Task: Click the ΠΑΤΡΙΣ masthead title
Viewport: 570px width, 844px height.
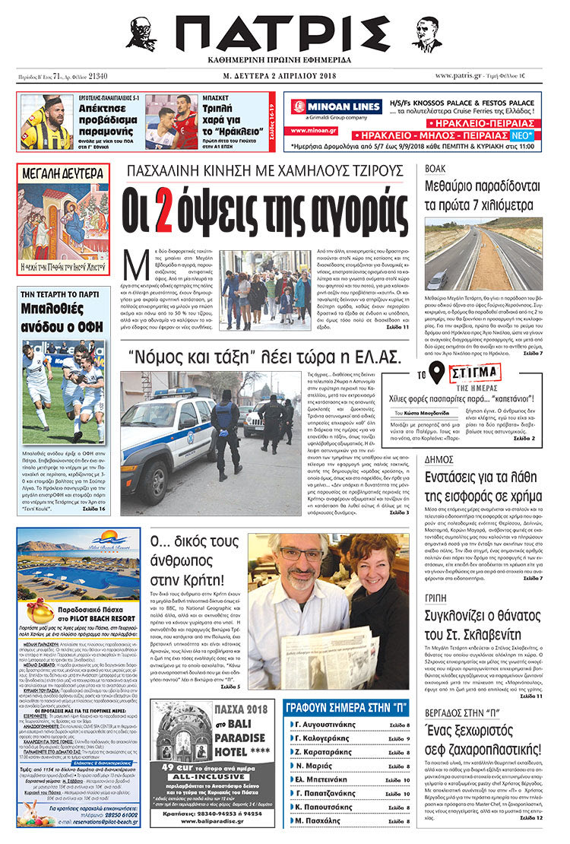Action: click(284, 34)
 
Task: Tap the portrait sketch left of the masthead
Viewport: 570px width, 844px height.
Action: click(141, 34)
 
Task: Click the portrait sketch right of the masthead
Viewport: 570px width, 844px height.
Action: click(426, 34)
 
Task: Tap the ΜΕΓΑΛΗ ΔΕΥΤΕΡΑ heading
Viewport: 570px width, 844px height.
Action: click(64, 173)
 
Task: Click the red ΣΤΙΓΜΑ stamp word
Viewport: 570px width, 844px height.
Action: click(475, 373)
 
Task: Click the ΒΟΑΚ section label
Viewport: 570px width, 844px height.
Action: click(435, 167)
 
